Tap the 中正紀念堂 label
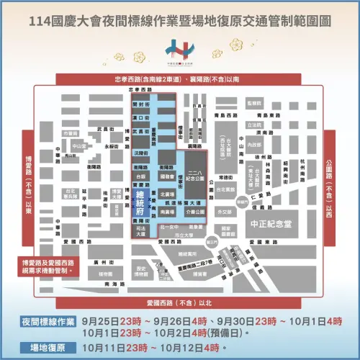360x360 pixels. tap(276, 222)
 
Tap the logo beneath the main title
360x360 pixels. tap(180, 50)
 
